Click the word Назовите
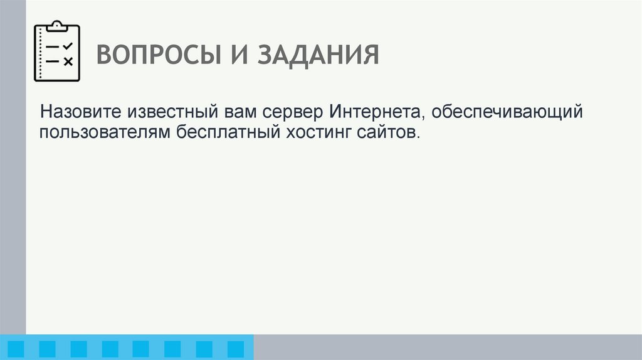pyautogui.click(x=82, y=114)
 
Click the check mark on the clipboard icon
pyautogui.click(x=68, y=46)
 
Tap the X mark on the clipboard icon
pyautogui.click(x=68, y=61)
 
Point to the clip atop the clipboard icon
pyautogui.click(x=57, y=26)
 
